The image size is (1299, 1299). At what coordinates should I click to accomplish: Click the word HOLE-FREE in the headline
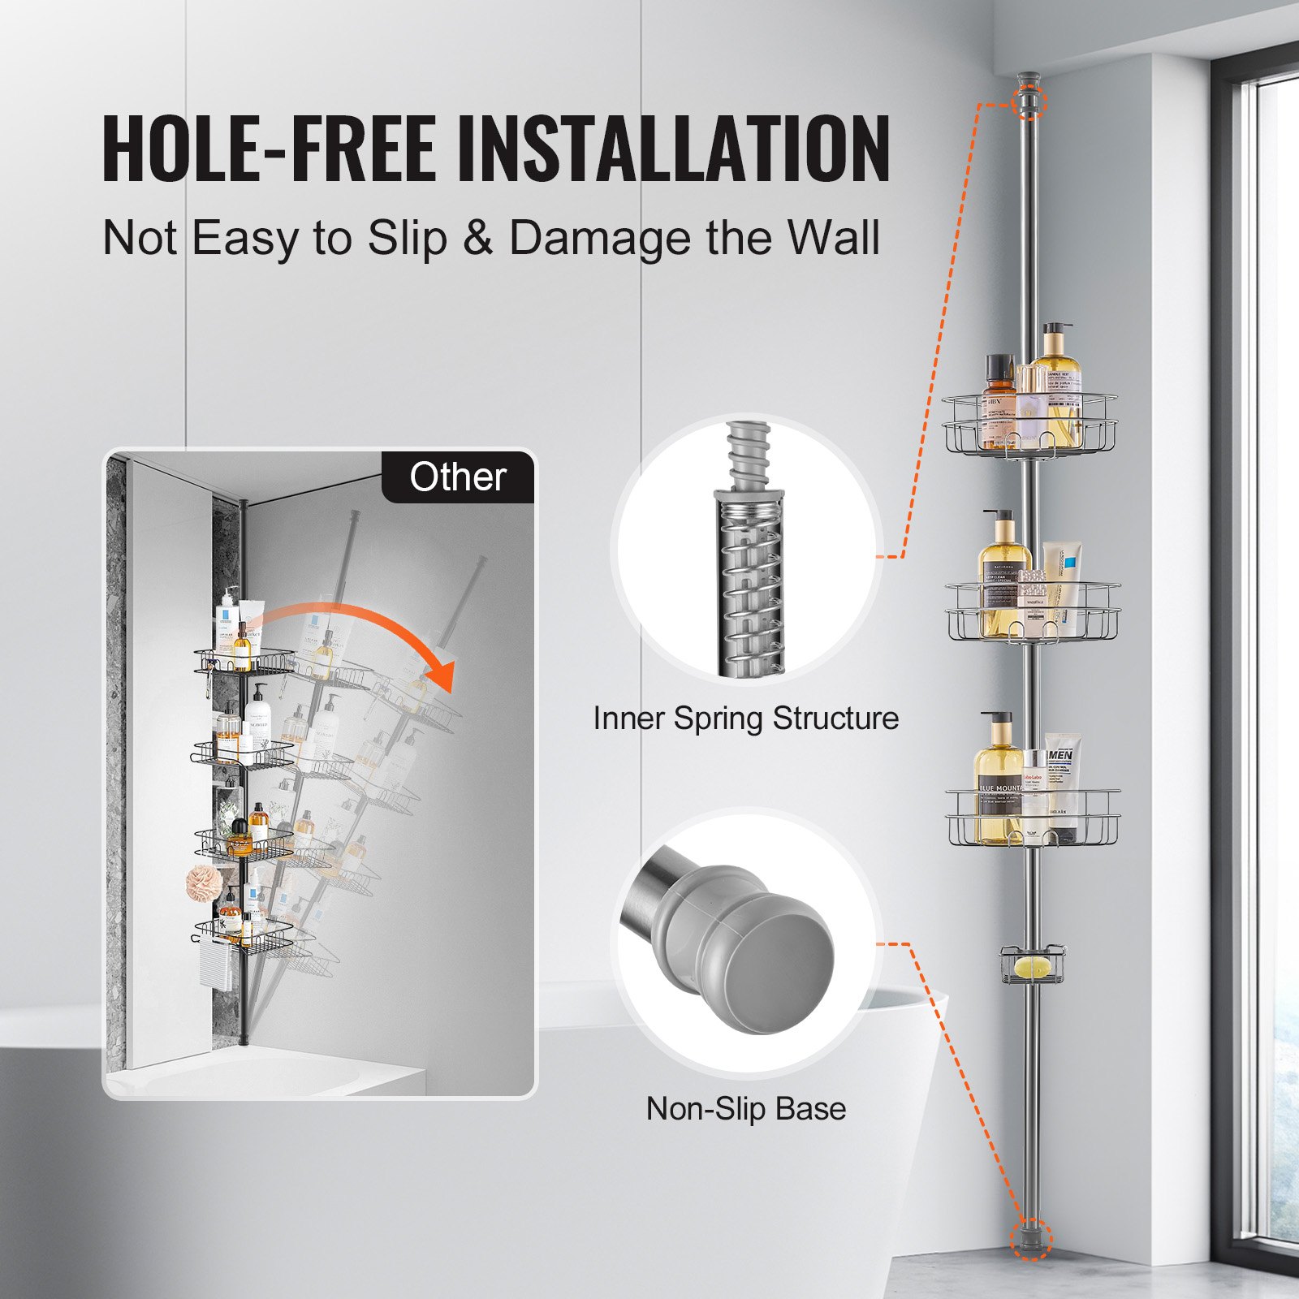(x=268, y=149)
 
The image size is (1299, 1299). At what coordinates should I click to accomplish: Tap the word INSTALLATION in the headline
(x=674, y=149)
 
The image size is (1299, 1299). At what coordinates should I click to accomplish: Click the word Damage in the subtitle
(x=600, y=238)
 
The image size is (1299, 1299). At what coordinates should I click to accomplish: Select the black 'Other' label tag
(x=458, y=477)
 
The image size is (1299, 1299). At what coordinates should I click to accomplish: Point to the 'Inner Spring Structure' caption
(x=745, y=719)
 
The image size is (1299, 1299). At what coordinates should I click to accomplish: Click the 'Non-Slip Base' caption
(x=745, y=1109)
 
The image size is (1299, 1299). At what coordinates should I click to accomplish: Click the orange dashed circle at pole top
(x=1030, y=102)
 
